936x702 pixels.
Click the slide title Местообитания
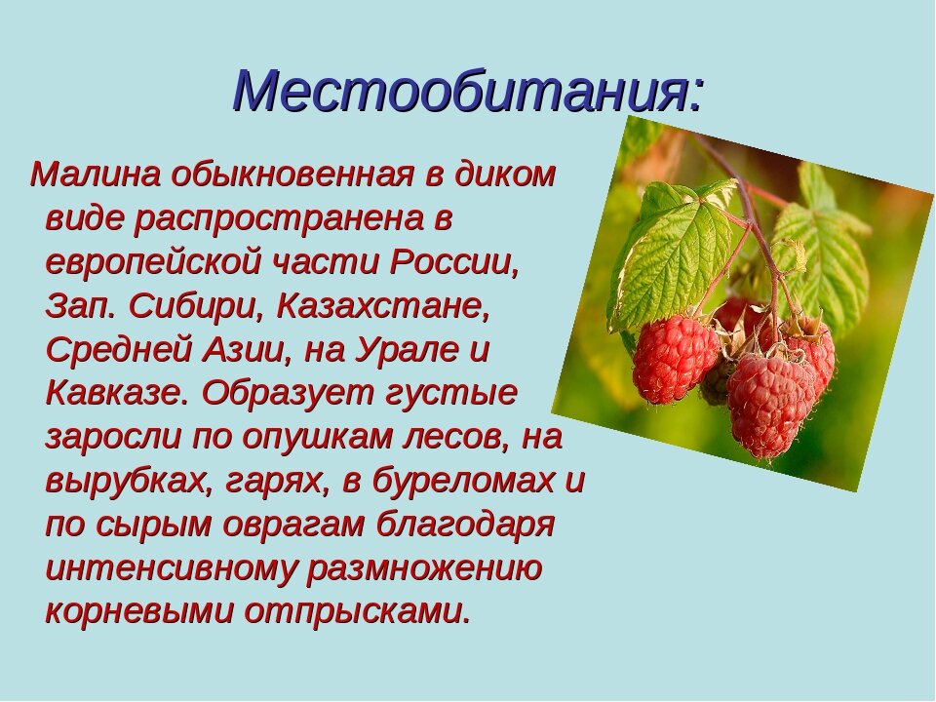pos(469,93)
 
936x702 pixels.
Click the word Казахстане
pos(382,307)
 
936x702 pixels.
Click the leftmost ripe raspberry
pos(675,360)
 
